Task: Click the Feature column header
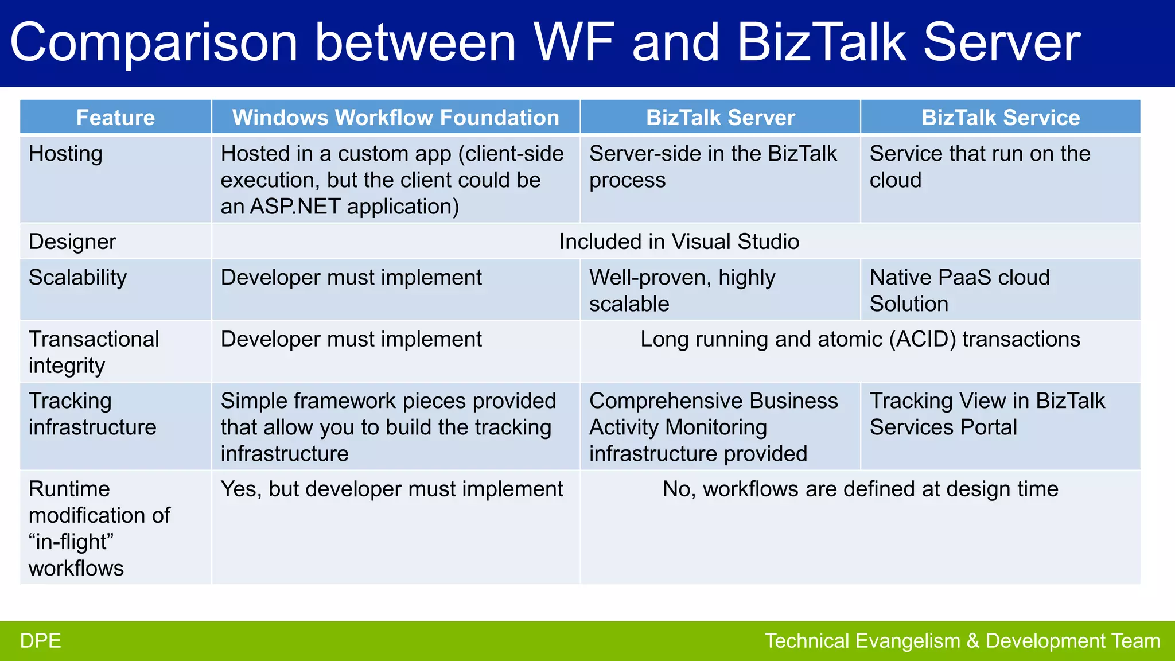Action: pos(115,118)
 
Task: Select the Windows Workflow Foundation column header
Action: pos(395,118)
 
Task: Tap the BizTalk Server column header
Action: pos(720,118)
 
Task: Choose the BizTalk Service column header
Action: pos(1000,118)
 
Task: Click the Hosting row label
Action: pos(65,154)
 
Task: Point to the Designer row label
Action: pos(72,242)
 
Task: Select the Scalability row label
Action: pos(77,278)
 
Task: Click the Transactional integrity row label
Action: pos(94,352)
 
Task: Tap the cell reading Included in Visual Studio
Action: pos(679,242)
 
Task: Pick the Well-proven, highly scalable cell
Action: pos(682,290)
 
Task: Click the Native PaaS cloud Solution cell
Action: pos(959,290)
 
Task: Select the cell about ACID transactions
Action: pos(859,339)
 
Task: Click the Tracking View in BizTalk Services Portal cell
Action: pos(987,414)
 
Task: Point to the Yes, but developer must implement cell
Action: pos(391,489)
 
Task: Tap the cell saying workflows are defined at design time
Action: pos(859,489)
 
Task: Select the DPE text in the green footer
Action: pos(40,641)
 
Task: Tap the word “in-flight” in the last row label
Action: pos(71,542)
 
